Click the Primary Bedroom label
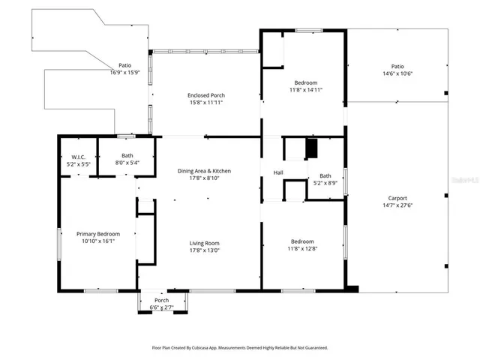click(98, 234)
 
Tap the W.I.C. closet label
click(70, 156)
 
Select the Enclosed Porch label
click(205, 95)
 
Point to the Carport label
click(397, 198)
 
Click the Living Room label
click(203, 243)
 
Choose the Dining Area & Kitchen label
click(204, 171)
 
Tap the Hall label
click(277, 173)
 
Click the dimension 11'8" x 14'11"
click(304, 89)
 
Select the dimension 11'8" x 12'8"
click(303, 249)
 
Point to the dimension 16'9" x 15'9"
click(125, 72)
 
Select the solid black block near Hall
click(312, 149)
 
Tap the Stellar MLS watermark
click(466, 181)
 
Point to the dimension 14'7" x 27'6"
click(397, 205)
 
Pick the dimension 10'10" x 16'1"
click(98, 241)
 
